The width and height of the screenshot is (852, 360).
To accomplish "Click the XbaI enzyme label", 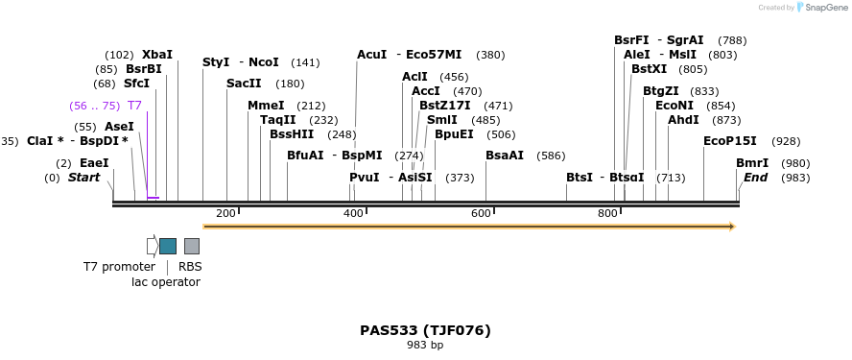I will [x=157, y=55].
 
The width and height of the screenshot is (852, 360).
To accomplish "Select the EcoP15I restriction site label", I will [x=730, y=141].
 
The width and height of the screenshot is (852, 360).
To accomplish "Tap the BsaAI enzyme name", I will [x=505, y=156].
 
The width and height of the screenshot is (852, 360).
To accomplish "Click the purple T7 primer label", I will [x=134, y=106].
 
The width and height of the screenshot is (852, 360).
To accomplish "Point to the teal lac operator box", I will [x=168, y=246].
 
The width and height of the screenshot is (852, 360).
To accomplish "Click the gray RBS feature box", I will [x=192, y=246].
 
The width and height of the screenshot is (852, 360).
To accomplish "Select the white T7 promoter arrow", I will [x=152, y=246].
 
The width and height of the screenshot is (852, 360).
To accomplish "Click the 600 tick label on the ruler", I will [x=481, y=213].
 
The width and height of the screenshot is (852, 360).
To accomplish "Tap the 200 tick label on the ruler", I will [x=225, y=213].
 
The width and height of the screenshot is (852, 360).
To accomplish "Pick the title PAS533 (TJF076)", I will [x=425, y=330].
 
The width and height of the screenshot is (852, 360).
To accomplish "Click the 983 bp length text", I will [x=425, y=345].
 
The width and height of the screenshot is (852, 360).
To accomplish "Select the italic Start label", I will [x=83, y=178].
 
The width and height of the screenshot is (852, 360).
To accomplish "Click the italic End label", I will [x=755, y=178].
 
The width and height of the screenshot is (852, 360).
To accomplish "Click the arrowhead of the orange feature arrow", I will [x=732, y=227].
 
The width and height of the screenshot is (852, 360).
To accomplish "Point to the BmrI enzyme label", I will [x=752, y=163].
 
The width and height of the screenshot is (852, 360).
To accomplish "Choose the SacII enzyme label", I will [x=244, y=84].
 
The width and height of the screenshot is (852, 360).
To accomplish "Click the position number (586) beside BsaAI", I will [x=551, y=156].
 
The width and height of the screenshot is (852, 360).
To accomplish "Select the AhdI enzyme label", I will [x=683, y=120].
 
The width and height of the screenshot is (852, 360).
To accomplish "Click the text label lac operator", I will [x=166, y=282].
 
